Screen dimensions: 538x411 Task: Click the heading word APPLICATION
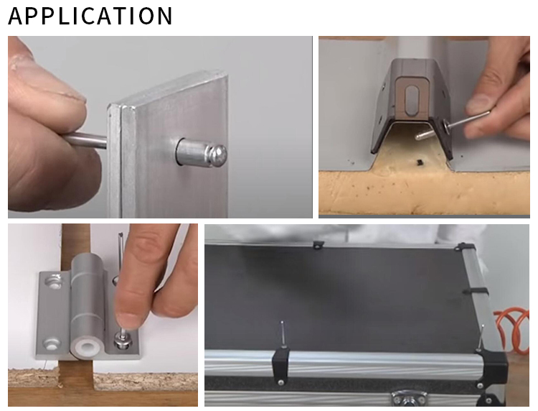coord(90,16)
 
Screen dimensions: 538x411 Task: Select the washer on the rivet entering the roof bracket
coord(447,125)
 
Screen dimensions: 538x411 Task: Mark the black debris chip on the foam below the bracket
coord(419,162)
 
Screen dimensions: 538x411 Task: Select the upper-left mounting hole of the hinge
coord(54,281)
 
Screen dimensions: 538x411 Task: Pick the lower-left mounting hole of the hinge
coord(52,343)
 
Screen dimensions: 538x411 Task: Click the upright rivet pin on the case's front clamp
coord(283,334)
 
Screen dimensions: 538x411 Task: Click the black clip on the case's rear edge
coord(318,244)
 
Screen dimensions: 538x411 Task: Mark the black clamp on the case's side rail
coord(476,292)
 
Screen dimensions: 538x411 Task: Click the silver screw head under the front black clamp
coord(280,382)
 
